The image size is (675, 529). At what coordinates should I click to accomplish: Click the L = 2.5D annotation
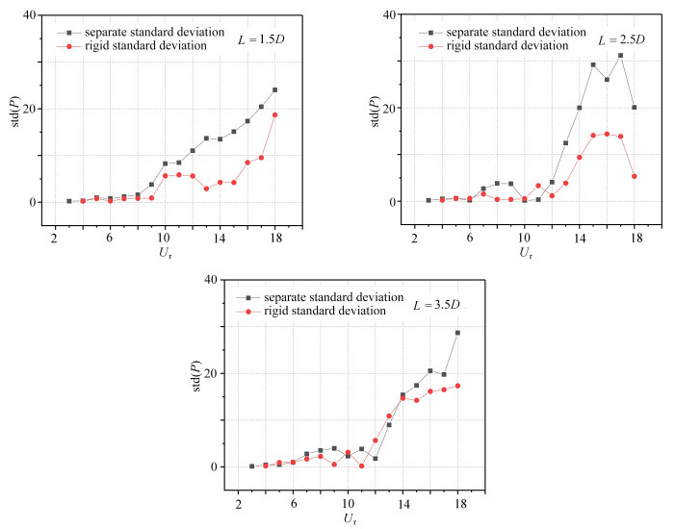620,41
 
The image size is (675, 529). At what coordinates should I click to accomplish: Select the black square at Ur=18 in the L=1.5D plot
274,89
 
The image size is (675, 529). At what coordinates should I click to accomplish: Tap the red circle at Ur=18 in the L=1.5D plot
274,114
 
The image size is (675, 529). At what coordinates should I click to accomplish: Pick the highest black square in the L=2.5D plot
620,55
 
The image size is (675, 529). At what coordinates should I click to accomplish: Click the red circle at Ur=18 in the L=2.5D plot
634,176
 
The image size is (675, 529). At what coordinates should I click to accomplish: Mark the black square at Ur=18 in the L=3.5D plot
457,333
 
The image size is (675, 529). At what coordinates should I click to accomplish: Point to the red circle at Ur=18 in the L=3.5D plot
457,386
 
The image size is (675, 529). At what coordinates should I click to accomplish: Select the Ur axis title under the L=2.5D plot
524,254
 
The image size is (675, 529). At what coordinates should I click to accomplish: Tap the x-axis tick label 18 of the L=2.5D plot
634,237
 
